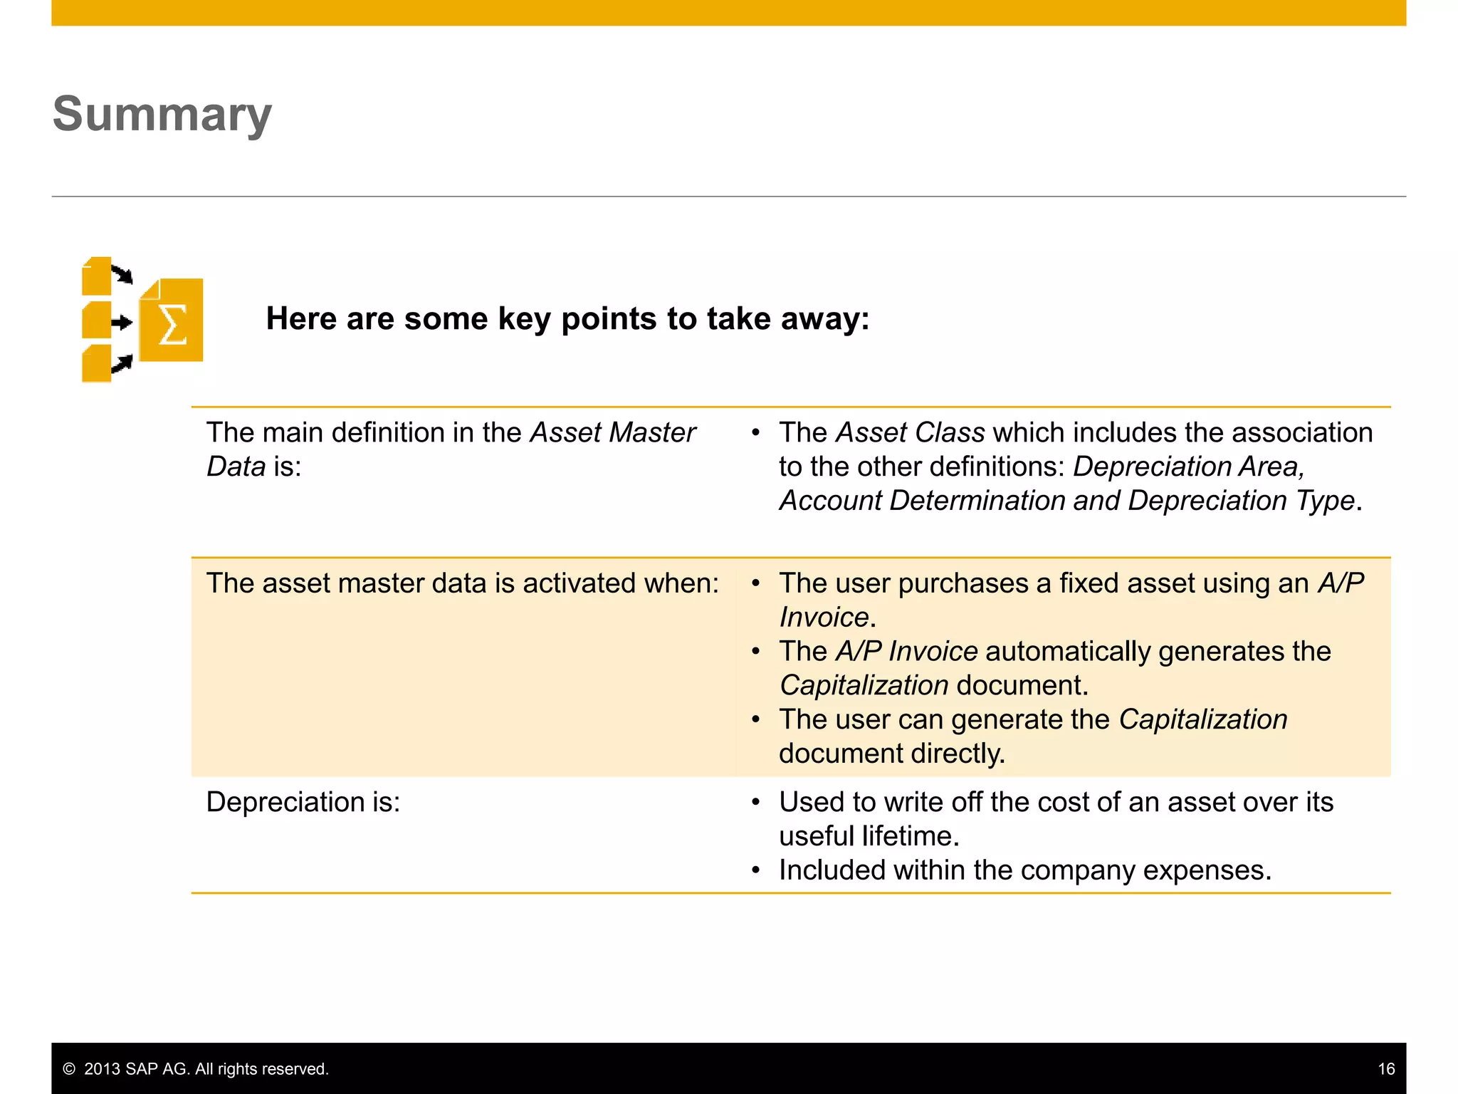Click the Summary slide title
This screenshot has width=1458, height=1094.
pyautogui.click(x=162, y=114)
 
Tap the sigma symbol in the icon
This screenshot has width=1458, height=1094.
pyautogui.click(x=172, y=324)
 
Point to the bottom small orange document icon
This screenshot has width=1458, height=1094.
pyautogui.click(x=96, y=364)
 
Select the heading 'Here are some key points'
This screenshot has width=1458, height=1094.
pyautogui.click(x=567, y=318)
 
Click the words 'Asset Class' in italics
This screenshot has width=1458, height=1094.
pyautogui.click(x=911, y=432)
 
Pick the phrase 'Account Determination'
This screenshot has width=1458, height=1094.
pyautogui.click(x=923, y=501)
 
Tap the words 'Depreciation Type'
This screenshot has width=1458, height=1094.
pyautogui.click(x=1241, y=501)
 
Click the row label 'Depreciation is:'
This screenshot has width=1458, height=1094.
pyautogui.click(x=303, y=802)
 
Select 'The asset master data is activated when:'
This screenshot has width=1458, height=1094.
pyautogui.click(x=463, y=583)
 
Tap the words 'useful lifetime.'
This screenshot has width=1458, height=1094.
pyautogui.click(x=869, y=836)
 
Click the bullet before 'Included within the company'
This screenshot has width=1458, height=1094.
pyautogui.click(x=756, y=870)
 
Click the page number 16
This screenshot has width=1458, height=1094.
pyautogui.click(x=1386, y=1068)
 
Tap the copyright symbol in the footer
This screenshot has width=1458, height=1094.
pyautogui.click(x=69, y=1068)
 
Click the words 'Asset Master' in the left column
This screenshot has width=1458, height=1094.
pyautogui.click(x=612, y=432)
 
